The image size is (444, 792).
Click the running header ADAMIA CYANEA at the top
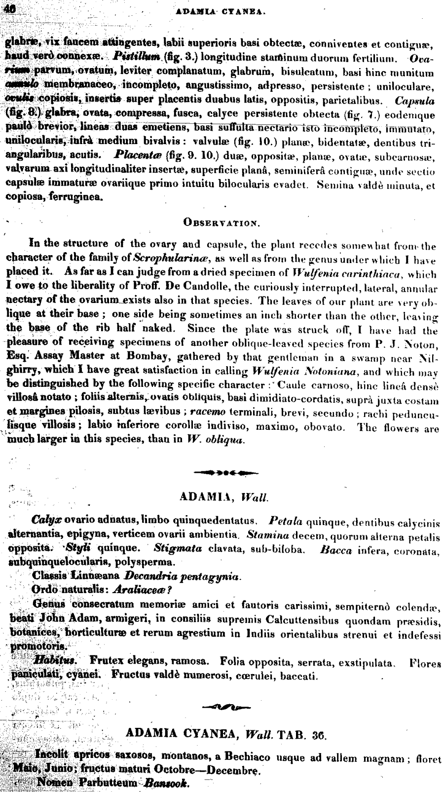222,8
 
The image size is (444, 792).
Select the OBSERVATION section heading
221,222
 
